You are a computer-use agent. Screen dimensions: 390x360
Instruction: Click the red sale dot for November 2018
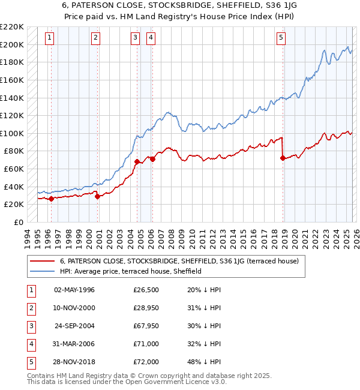(x=283, y=158)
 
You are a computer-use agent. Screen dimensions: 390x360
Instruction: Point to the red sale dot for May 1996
(x=51, y=199)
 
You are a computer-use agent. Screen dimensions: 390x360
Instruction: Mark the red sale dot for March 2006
(x=152, y=159)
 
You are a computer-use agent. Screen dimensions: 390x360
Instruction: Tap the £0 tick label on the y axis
(x=17, y=222)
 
